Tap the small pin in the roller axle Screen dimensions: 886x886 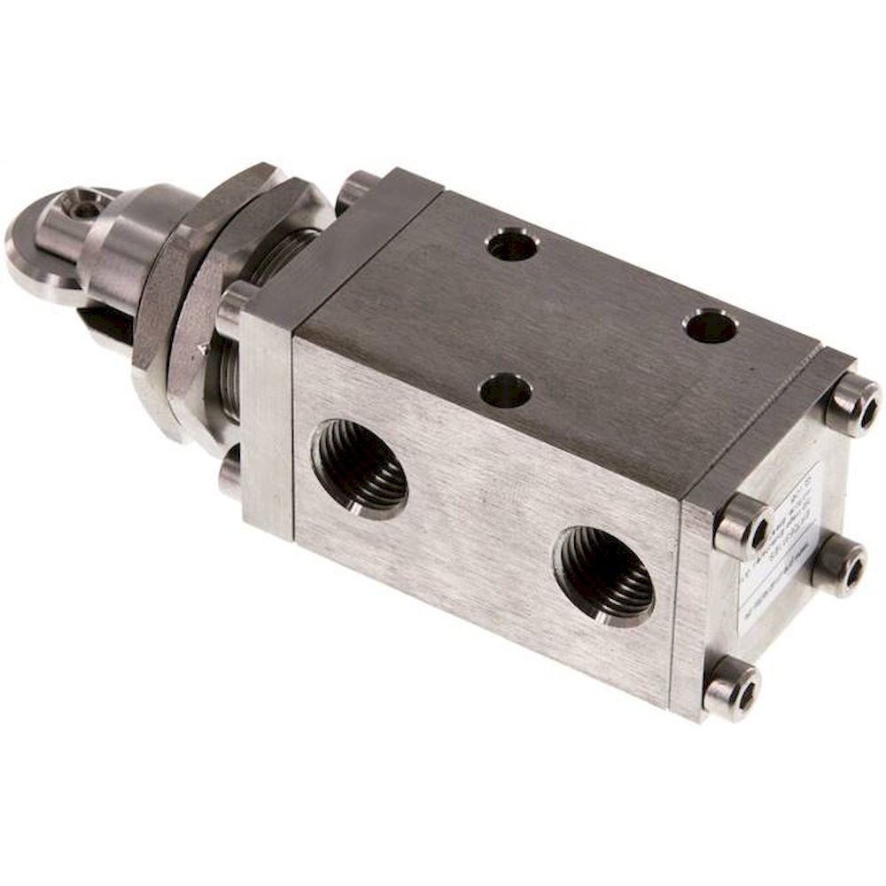[86, 209]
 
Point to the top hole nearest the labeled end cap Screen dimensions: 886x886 [711, 327]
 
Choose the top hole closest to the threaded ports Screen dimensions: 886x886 [505, 391]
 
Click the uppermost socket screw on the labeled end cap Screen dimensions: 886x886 [852, 403]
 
